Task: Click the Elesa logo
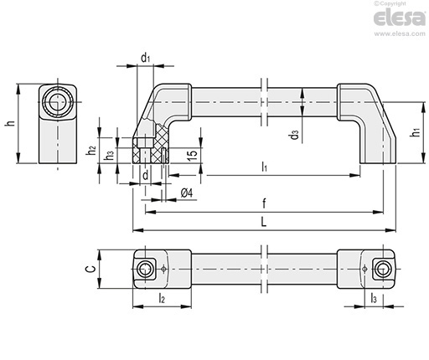coord(400,18)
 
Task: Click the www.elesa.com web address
coord(400,33)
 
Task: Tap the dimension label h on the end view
coord(10,123)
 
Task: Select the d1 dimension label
coord(146,58)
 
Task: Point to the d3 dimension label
coord(295,136)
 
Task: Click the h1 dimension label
coord(416,132)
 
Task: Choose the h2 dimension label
coord(92,151)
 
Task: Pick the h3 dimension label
coord(109,156)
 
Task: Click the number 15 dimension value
coord(192,155)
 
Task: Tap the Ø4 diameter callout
coord(187,193)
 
